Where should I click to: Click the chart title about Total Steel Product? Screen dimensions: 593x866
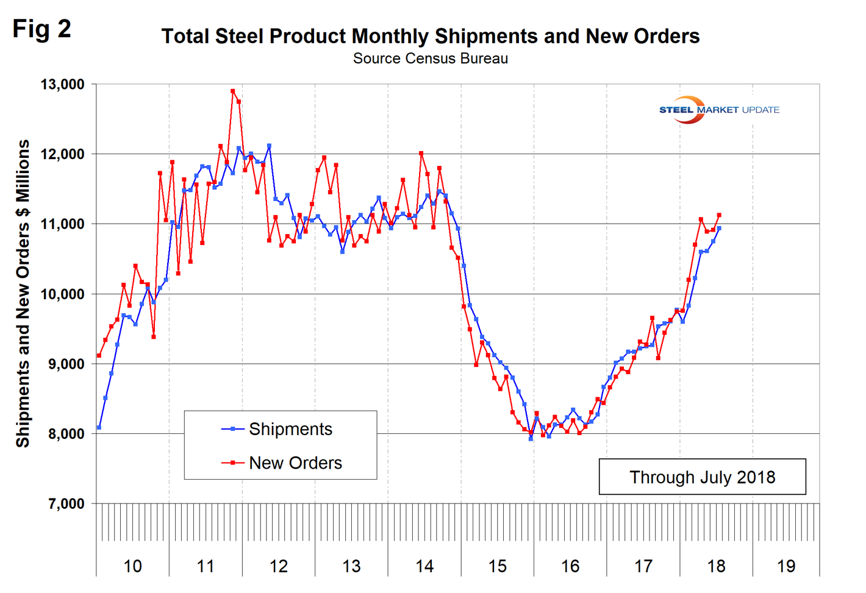pos(430,37)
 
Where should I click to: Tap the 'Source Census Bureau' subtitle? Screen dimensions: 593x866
pos(430,59)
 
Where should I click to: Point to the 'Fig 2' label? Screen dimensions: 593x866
pos(41,29)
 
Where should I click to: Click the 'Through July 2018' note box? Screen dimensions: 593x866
pos(702,477)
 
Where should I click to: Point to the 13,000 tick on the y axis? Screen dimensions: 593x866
pos(62,84)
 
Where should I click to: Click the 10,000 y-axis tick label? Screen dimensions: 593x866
pos(62,294)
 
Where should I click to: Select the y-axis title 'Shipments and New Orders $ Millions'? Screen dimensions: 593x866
pos(23,293)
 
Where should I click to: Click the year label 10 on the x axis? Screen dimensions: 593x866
pos(132,566)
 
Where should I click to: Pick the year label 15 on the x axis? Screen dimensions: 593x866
pos(497,566)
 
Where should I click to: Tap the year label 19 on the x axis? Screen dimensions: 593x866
pos(786,566)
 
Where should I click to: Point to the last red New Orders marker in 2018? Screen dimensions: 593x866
pos(719,215)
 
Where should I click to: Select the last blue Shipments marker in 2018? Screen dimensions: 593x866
pos(719,229)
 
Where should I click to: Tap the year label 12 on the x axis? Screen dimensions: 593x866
pos(278,566)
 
